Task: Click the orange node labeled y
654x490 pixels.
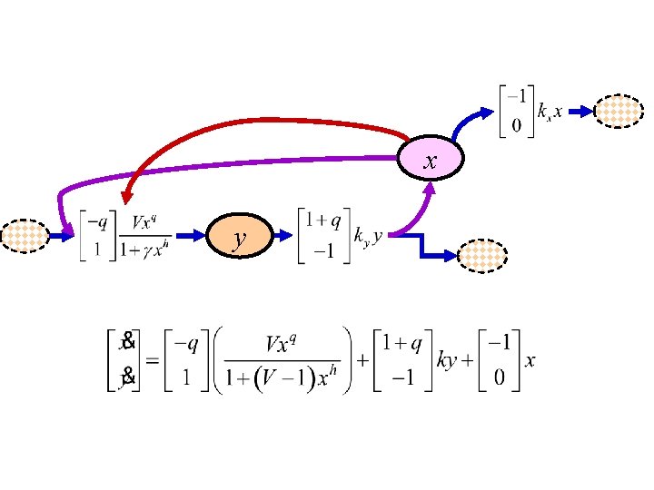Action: click(239, 239)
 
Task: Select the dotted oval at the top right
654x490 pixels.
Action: click(619, 112)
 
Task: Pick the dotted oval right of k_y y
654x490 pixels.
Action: click(483, 256)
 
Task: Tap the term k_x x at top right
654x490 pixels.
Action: click(550, 112)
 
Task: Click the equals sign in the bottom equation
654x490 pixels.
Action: click(153, 360)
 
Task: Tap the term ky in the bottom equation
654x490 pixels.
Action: click(448, 360)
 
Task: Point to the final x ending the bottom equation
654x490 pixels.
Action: click(530, 361)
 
